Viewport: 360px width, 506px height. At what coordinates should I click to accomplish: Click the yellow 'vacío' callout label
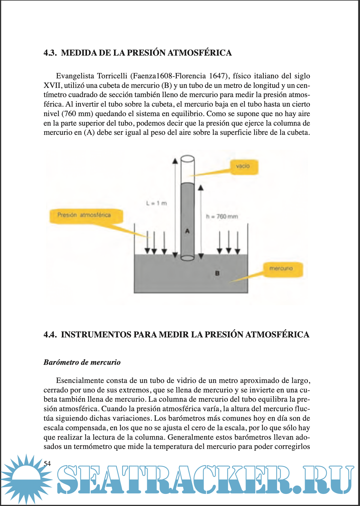243,167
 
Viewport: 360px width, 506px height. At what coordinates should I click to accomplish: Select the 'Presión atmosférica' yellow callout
86,216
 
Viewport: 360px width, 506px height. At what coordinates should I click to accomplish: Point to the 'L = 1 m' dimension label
156,203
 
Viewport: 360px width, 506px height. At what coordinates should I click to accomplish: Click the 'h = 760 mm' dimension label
222,216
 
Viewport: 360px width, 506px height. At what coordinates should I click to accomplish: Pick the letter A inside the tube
187,231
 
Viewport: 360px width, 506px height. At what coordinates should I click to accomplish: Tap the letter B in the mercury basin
217,273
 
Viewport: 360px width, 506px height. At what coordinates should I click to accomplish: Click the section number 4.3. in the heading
50,53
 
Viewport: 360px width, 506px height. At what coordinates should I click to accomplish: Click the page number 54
47,464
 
